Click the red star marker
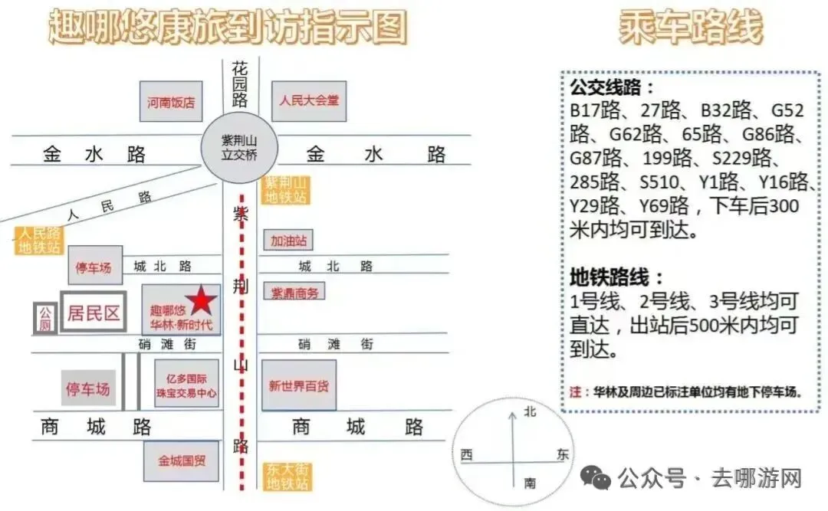pos(201,301)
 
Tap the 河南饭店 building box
pos(171,102)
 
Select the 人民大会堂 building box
pos(309,100)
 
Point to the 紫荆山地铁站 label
pos(285,190)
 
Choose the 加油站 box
pos(288,241)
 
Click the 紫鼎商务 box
pos(294,292)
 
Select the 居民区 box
pos(94,313)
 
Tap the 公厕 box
pos(44,318)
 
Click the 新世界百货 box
pos(299,385)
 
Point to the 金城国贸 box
pos(182,461)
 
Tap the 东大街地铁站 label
pos(287,477)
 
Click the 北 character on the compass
pos(529,412)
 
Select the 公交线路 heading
pos(613,86)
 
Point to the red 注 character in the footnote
pos(576,391)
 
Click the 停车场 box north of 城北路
pos(94,267)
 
